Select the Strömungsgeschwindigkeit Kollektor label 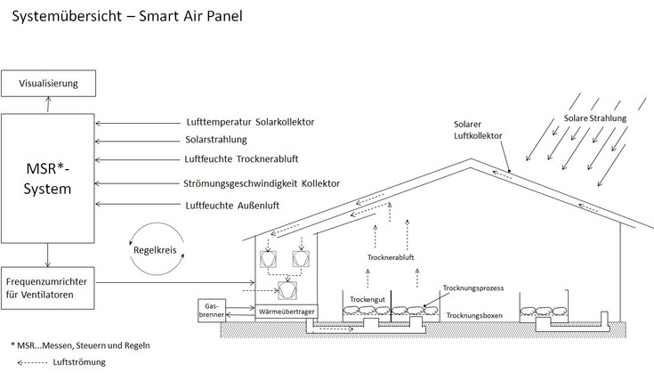click(261, 184)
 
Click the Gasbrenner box click(211, 309)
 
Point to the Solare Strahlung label click(595, 118)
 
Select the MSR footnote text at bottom click(80, 345)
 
